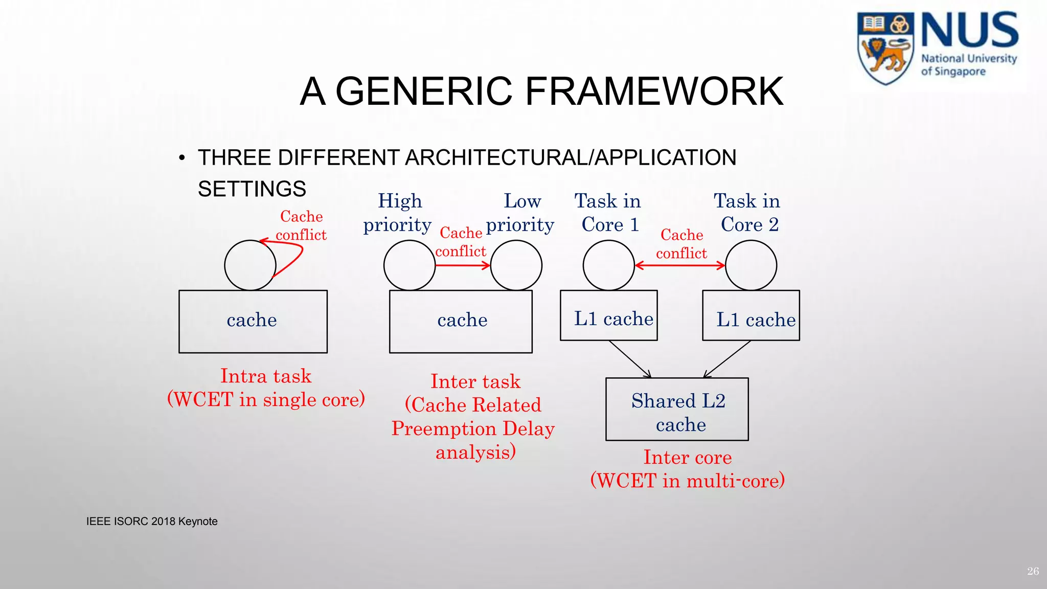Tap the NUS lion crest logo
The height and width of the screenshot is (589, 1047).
pos(885,49)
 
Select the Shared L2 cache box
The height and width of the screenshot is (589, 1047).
pos(677,409)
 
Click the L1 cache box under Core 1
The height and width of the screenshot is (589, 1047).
pos(608,315)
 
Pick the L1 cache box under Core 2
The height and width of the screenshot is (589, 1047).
pos(750,315)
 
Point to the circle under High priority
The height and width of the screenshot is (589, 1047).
pos(409,265)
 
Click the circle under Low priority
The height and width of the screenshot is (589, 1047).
pos(516,265)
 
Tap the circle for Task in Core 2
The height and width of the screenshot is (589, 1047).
pos(750,265)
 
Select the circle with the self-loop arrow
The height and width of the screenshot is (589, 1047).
pos(249,265)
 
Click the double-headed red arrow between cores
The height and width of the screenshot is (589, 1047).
pos(679,265)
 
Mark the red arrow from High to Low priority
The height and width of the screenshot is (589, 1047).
pos(463,265)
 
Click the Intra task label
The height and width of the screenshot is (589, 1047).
pos(265,376)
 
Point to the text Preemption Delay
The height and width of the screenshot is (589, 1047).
pos(473,428)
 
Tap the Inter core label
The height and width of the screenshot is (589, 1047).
pos(687,457)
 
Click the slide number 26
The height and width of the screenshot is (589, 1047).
pos(1033,571)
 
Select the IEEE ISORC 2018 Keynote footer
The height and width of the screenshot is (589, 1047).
pos(152,522)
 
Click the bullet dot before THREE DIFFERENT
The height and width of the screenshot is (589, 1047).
pos(181,158)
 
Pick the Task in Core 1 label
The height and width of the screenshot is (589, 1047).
pos(608,213)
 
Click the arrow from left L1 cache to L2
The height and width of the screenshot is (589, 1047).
pos(630,359)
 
